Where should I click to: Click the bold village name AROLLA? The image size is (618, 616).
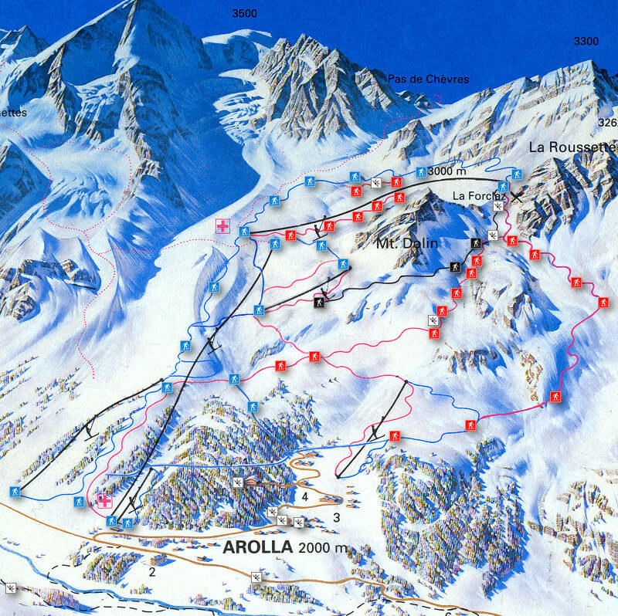click(258, 547)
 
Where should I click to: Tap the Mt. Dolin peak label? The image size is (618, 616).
click(407, 244)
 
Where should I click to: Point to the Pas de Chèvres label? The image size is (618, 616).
click(428, 80)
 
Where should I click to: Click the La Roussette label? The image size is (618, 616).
click(572, 147)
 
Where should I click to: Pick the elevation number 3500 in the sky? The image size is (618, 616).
click(244, 13)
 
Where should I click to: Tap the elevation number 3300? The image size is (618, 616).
click(586, 42)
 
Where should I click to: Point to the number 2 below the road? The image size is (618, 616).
click(152, 572)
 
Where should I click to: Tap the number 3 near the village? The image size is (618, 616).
click(336, 516)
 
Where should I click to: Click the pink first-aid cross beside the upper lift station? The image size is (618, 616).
click(223, 226)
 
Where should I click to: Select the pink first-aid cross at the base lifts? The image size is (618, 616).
click(104, 501)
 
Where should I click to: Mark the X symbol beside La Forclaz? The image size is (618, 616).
click(515, 196)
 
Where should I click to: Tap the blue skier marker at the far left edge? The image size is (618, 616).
click(14, 492)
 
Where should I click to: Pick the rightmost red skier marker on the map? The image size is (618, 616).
click(603, 302)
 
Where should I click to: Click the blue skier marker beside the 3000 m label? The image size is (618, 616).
click(421, 171)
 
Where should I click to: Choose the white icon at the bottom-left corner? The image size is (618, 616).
click(10, 588)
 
